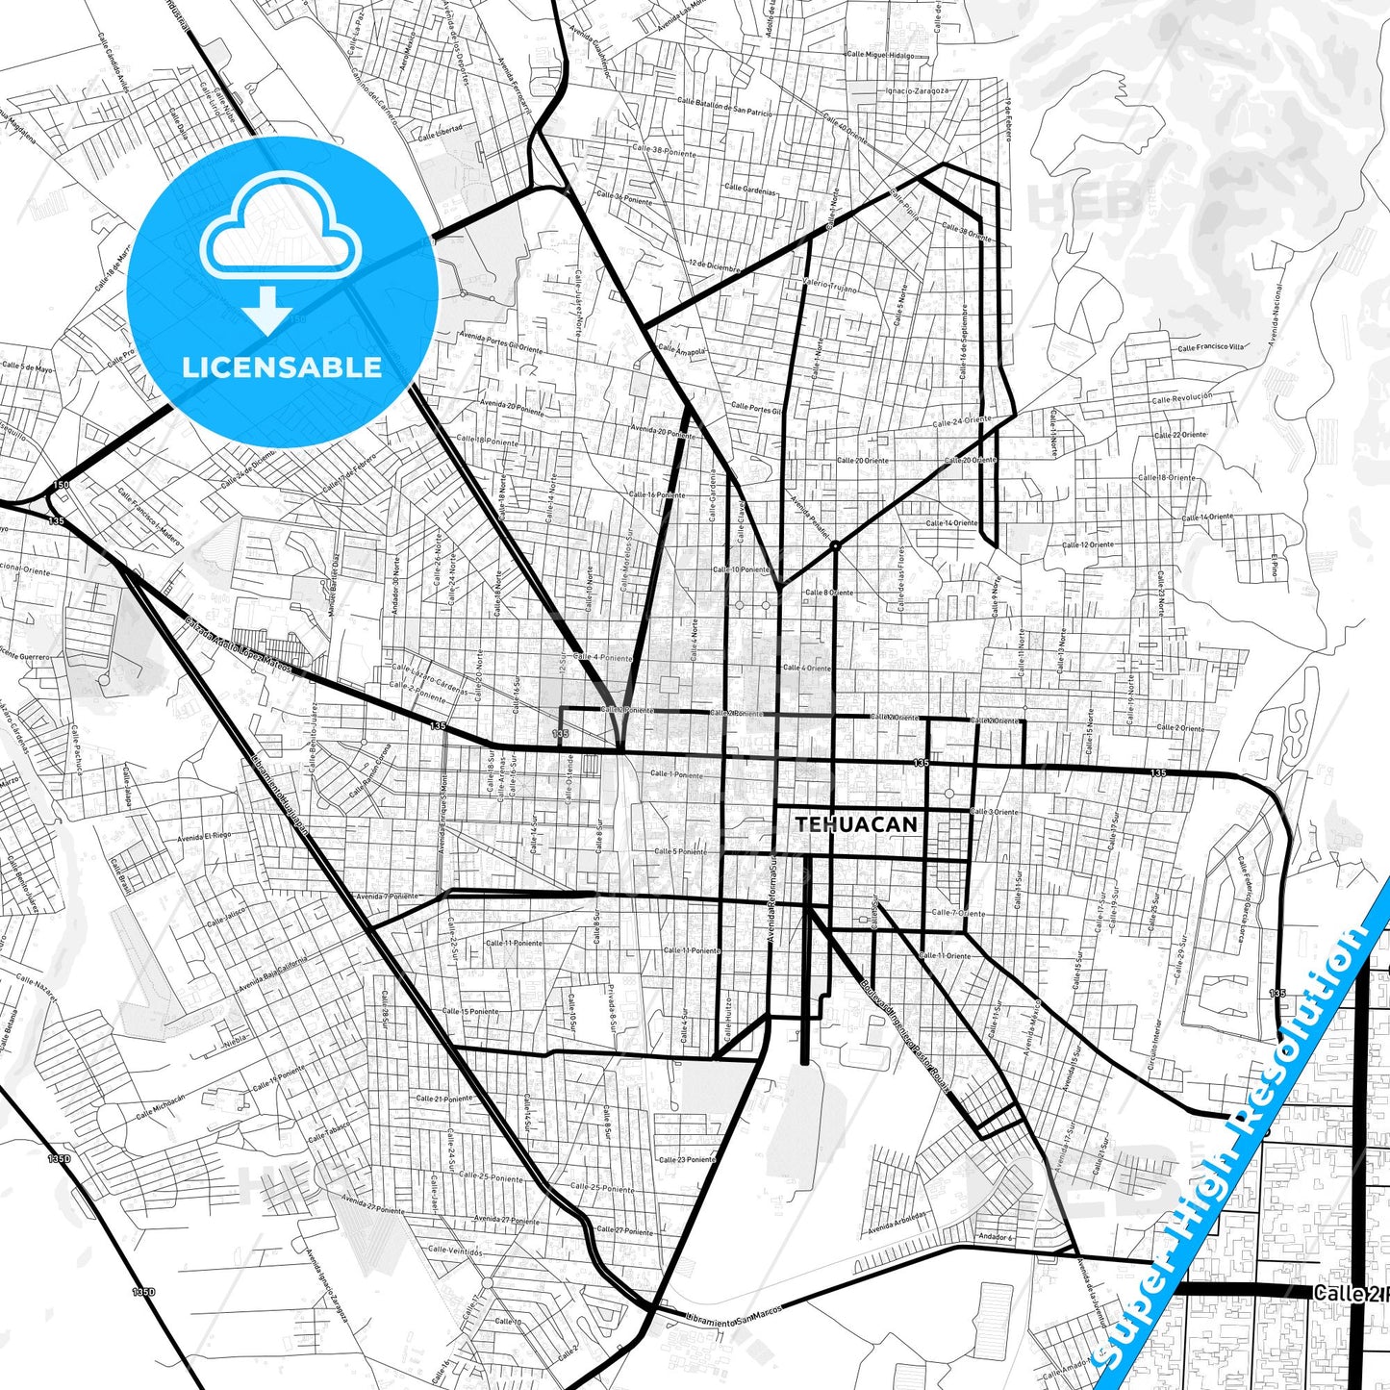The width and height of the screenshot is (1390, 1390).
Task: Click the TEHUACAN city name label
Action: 856,824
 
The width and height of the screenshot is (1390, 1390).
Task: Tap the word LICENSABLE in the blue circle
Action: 282,367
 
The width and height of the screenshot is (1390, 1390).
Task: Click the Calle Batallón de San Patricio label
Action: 724,107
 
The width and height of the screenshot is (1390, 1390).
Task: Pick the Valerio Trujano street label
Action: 829,286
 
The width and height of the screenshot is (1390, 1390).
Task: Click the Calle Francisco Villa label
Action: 1210,347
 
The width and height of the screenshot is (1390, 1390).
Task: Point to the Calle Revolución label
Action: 1181,396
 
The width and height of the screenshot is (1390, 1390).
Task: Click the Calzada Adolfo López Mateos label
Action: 238,646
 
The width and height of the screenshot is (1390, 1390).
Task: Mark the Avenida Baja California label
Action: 274,973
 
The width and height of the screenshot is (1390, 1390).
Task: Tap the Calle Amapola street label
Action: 682,349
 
